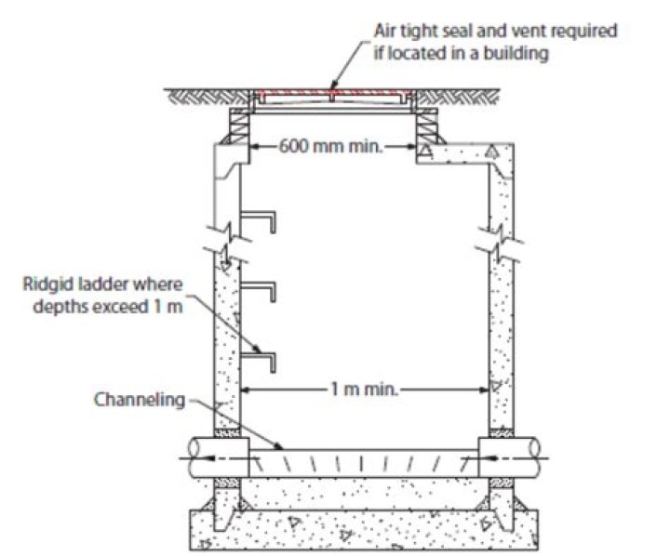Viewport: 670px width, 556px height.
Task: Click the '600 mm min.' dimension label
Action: (x=330, y=147)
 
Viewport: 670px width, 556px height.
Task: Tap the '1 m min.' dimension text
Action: (x=365, y=389)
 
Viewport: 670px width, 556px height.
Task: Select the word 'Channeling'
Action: (x=140, y=400)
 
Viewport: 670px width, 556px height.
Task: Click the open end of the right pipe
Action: (x=534, y=457)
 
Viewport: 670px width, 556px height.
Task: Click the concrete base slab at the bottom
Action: (x=364, y=530)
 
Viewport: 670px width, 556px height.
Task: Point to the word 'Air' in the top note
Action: (x=384, y=31)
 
